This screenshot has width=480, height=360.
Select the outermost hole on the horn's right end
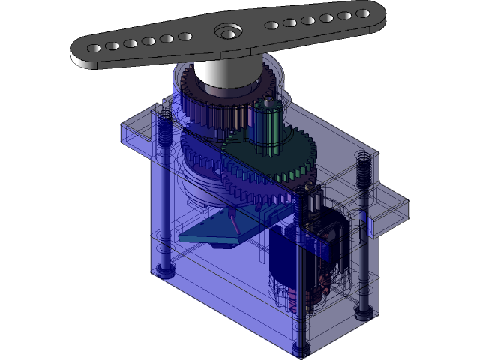click(361, 13)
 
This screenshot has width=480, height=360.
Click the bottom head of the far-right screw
click(364, 314)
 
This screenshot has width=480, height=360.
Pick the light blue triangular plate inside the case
click(214, 229)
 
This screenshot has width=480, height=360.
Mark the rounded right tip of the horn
click(379, 10)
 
